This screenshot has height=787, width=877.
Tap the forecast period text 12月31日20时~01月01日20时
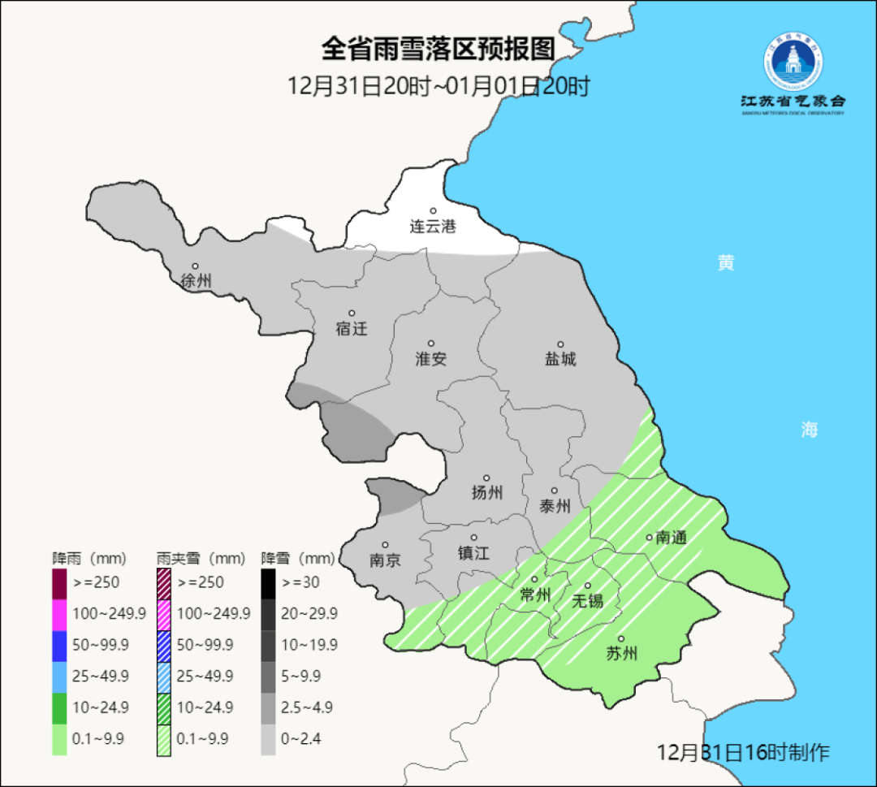click(x=438, y=86)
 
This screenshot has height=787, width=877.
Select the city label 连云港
click(x=433, y=227)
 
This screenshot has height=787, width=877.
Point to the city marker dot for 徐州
click(x=195, y=266)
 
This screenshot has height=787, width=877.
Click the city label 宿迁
click(x=352, y=329)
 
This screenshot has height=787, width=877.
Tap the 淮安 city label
click(x=431, y=359)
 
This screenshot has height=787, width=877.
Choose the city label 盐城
click(x=560, y=360)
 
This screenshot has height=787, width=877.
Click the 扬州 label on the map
click(x=486, y=493)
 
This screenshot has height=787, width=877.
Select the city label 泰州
click(x=555, y=506)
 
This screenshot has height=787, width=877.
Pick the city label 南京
click(x=385, y=560)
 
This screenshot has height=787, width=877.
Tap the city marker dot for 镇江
click(x=474, y=538)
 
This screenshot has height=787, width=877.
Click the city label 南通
click(x=672, y=537)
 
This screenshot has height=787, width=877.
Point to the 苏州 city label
click(x=622, y=654)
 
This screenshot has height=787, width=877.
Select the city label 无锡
click(x=588, y=601)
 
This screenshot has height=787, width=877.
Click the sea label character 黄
click(x=725, y=263)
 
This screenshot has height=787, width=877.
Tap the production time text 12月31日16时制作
click(x=743, y=752)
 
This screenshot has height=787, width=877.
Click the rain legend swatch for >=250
click(x=59, y=583)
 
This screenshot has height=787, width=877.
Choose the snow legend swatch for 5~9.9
click(x=268, y=677)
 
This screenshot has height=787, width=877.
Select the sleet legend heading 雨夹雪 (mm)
click(x=201, y=559)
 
